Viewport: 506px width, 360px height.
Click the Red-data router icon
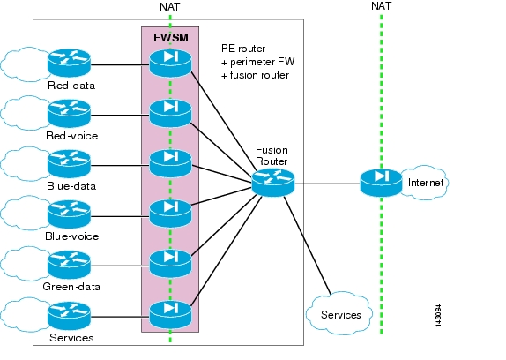pyautogui.click(x=69, y=63)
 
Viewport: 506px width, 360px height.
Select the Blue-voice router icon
pyautogui.click(x=69, y=214)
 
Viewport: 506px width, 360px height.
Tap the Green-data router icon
pyautogui.click(x=69, y=265)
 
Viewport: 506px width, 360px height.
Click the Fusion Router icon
pyautogui.click(x=273, y=183)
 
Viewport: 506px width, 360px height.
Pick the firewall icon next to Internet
pyautogui.click(x=381, y=183)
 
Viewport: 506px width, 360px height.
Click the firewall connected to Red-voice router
pyautogui.click(x=170, y=113)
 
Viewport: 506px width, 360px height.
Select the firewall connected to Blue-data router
pyautogui.click(x=170, y=164)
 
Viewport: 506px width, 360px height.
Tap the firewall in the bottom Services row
pyautogui.click(x=170, y=315)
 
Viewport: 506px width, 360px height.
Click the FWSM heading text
pyautogui.click(x=171, y=38)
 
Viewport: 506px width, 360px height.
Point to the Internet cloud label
pyautogui.click(x=426, y=183)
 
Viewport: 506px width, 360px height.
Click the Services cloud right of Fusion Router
pyautogui.click(x=339, y=313)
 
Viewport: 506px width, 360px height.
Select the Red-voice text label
pyautogui.click(x=71, y=136)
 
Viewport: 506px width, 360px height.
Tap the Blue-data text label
pyautogui.click(x=71, y=186)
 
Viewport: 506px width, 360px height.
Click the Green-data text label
pyautogui.click(x=71, y=287)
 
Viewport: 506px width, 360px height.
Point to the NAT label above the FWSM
pyautogui.click(x=170, y=7)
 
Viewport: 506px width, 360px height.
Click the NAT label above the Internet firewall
pyautogui.click(x=382, y=6)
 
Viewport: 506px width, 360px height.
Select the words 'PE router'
pyautogui.click(x=243, y=49)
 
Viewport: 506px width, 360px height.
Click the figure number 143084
pyautogui.click(x=438, y=316)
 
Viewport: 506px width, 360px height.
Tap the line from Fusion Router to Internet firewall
pyautogui.click(x=327, y=184)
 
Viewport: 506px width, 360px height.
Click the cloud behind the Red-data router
pyautogui.click(x=26, y=64)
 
